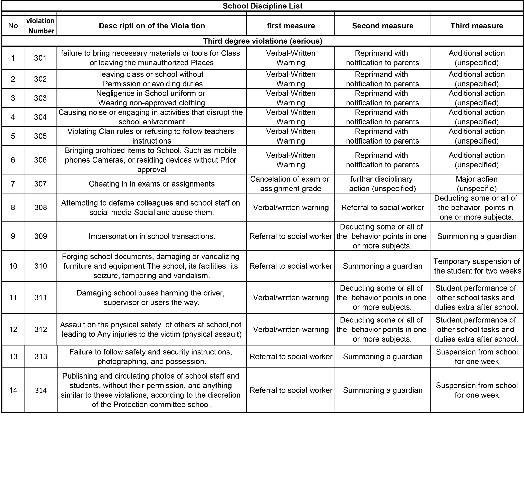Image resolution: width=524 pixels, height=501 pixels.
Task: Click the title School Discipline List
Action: pos(262,6)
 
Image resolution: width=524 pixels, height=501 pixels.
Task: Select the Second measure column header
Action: pos(382,26)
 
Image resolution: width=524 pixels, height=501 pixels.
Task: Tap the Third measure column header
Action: pos(477,26)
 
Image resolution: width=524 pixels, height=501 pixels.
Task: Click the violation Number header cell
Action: pos(40,26)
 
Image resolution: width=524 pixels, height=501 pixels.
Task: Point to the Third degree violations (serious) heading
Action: pos(262,41)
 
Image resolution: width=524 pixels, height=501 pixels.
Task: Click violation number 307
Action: pos(40,184)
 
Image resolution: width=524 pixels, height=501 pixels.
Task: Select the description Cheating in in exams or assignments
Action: pos(152,184)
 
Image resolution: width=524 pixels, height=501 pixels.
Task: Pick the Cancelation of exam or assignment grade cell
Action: pos(290,184)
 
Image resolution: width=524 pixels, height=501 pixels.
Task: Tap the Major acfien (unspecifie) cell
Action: pos(477,184)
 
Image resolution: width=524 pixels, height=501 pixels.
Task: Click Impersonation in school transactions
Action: pos(152,236)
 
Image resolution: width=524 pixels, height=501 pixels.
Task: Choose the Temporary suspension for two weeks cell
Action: pos(477,266)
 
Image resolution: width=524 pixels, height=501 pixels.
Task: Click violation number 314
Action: pos(41,390)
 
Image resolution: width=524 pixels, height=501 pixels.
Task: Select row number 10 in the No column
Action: pos(13,266)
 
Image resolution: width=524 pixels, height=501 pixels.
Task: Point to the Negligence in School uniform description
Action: pos(152,98)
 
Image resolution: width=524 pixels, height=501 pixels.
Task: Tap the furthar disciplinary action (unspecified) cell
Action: pos(382,184)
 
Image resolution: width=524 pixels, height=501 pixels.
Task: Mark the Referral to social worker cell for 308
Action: pos(382,207)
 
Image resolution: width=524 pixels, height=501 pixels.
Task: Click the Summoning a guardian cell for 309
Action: pos(477,236)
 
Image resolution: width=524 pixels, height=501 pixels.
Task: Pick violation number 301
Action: pos(40,58)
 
